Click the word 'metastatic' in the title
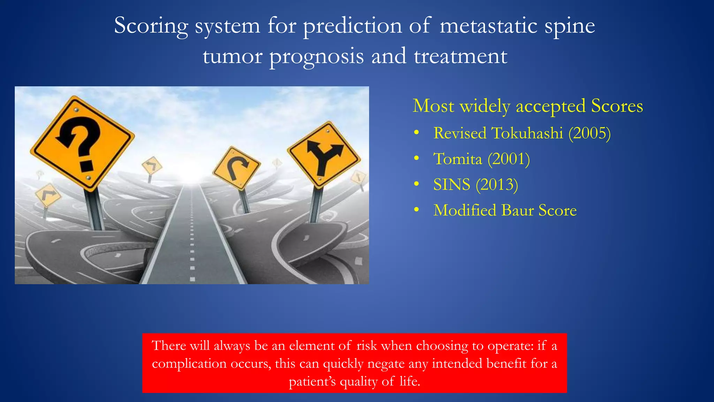pos(488,26)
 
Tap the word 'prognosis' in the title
pos(317,57)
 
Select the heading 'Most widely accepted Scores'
pos(527,106)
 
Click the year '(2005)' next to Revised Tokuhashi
pos(590,133)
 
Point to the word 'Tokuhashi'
pos(527,133)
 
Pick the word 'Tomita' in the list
pos(457,159)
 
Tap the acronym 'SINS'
pos(451,185)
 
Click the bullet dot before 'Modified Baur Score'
pos(416,210)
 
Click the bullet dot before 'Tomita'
pos(416,159)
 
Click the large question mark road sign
pos(82,143)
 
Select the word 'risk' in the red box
pos(366,346)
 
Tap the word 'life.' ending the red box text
pos(410,381)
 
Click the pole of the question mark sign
pos(95,209)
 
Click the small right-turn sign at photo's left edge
pos(48,195)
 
